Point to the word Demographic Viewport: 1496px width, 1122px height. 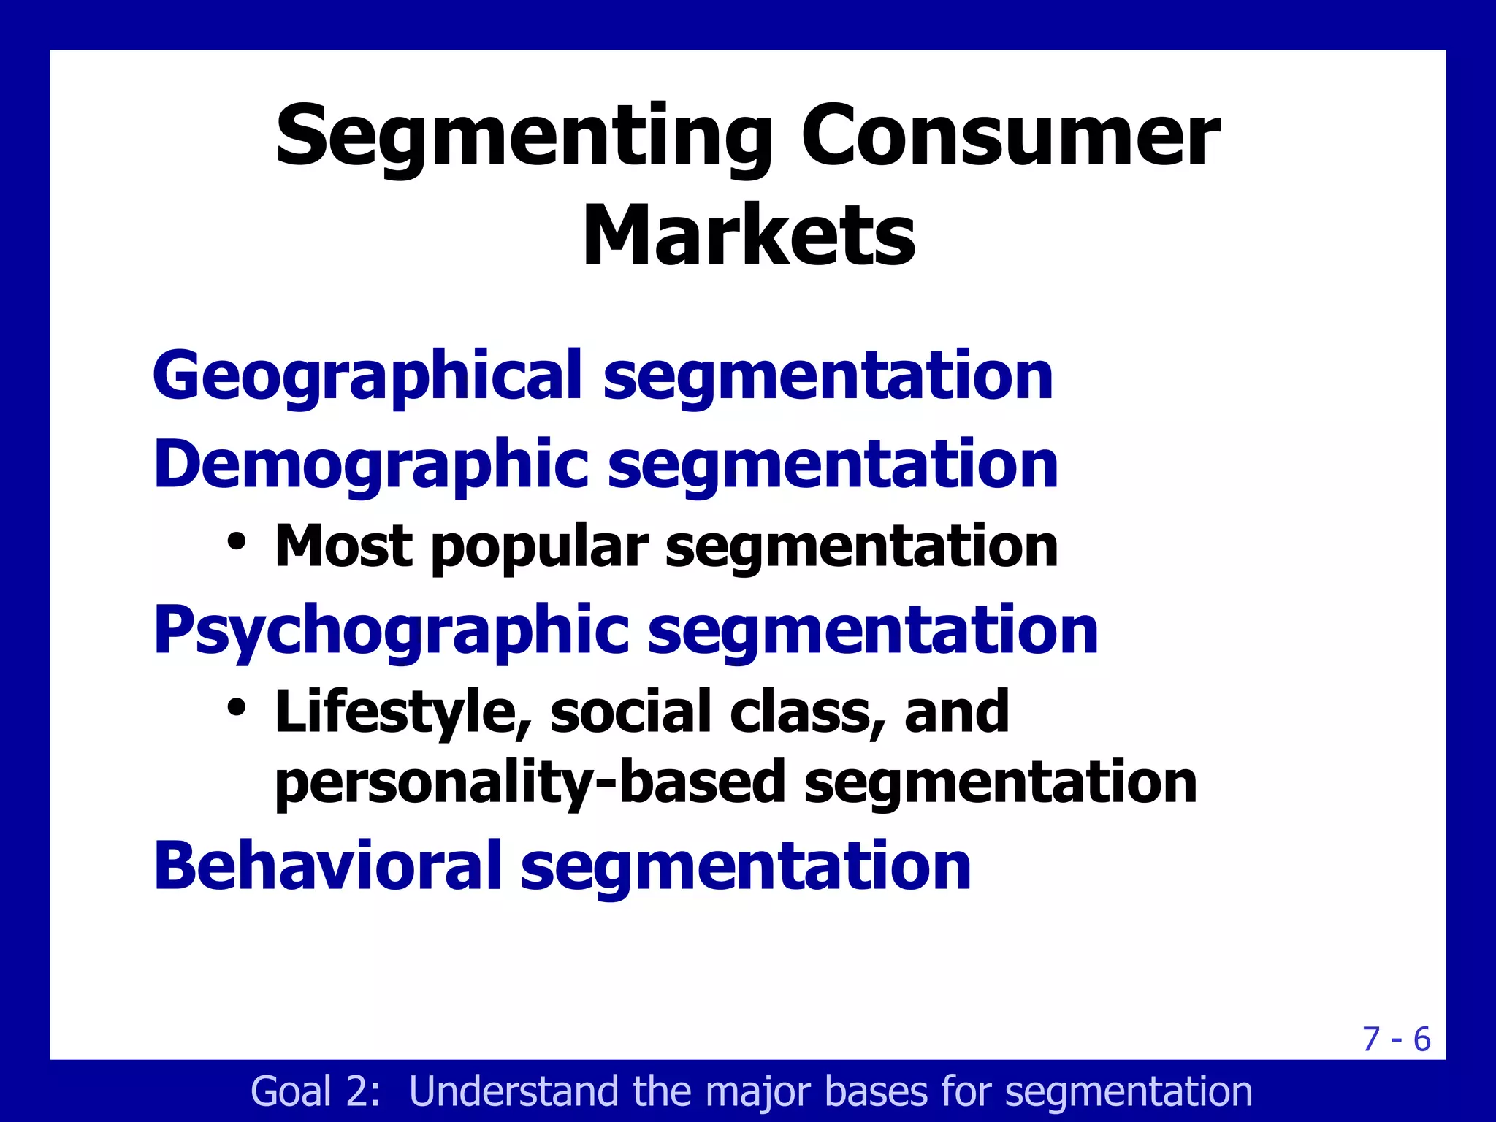(x=370, y=465)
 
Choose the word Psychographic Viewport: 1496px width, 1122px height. (x=391, y=630)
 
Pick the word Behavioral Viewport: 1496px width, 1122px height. (x=327, y=866)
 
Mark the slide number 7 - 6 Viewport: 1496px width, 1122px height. (x=1397, y=1039)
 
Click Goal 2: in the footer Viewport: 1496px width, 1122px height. (x=315, y=1091)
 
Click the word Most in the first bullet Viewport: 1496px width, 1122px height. (x=343, y=546)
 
